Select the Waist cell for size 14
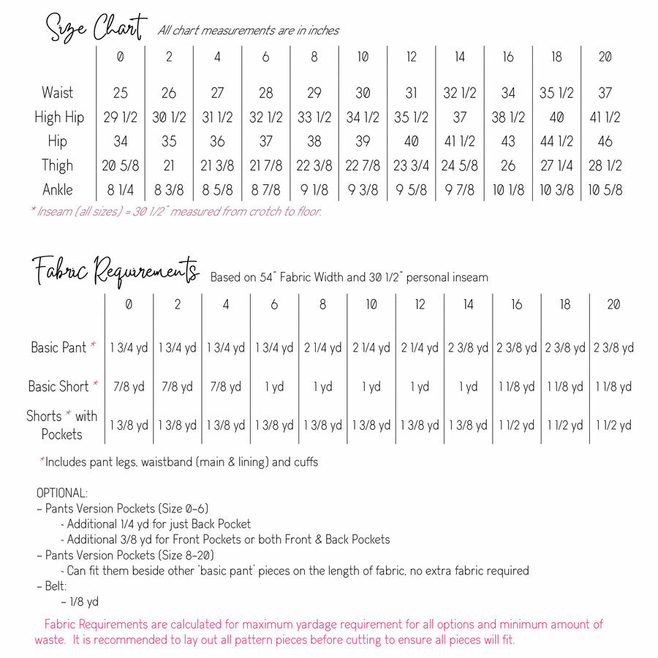[459, 93]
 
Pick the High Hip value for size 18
[556, 117]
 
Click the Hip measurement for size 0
[120, 141]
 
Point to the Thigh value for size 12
[411, 165]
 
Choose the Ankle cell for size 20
[605, 189]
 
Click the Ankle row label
[58, 189]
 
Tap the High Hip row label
[59, 117]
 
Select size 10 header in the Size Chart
[363, 57]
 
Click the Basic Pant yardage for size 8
[322, 347]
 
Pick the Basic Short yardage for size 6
[274, 387]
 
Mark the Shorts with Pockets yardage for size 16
[517, 425]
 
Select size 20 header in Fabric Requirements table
[614, 304]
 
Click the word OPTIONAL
[62, 493]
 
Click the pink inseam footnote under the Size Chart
[175, 212]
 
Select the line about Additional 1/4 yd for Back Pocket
[159, 523]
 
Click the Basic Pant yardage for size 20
[613, 347]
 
